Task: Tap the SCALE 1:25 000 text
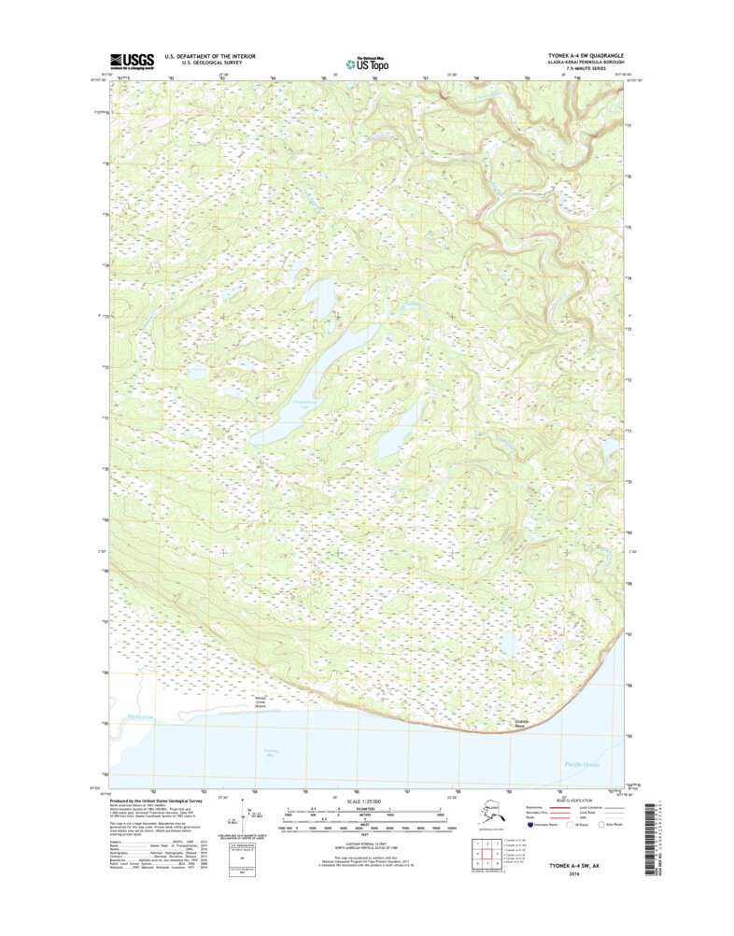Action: [367, 801]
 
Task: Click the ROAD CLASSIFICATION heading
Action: [575, 801]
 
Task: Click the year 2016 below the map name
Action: [593, 874]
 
